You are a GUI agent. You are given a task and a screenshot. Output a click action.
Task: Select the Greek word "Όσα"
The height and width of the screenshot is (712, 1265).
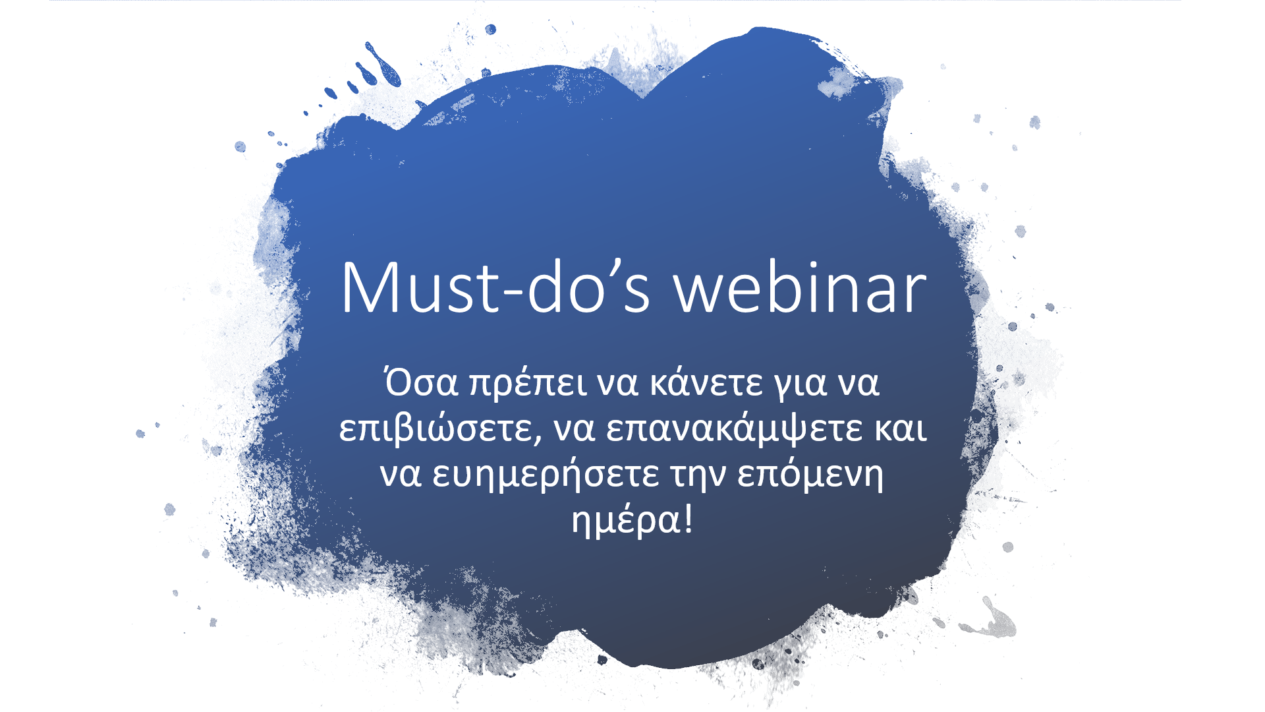(422, 382)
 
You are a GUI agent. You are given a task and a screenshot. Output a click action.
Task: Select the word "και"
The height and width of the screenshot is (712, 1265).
(901, 429)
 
